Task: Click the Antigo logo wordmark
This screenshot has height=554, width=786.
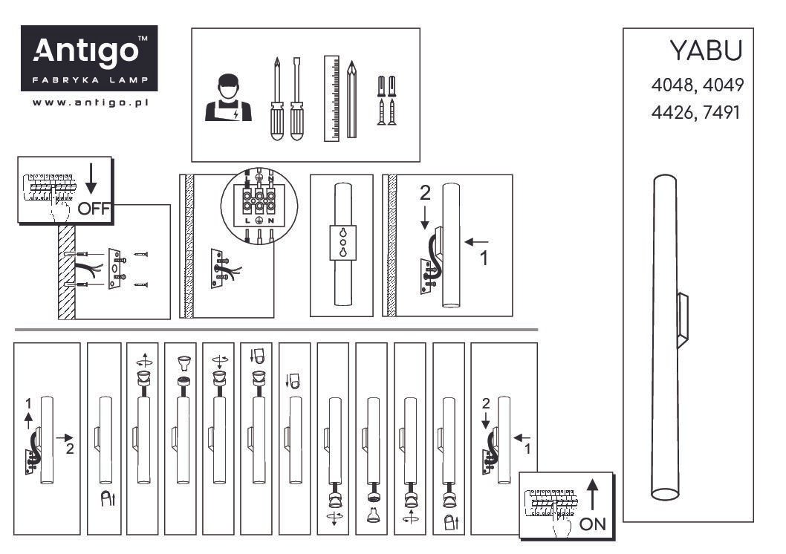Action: click(85, 51)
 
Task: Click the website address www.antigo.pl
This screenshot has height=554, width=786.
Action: click(90, 102)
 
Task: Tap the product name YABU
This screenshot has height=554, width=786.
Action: click(706, 50)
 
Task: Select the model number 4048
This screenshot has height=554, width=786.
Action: click(672, 85)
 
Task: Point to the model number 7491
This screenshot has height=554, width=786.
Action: click(721, 112)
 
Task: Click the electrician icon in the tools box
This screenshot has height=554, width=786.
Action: click(228, 98)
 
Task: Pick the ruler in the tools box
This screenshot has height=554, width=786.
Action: click(332, 98)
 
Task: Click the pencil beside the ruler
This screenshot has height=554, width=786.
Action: click(352, 100)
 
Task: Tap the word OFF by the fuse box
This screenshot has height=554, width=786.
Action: click(94, 208)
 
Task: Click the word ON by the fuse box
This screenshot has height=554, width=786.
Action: click(593, 524)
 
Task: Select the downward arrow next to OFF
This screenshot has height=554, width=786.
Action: click(91, 179)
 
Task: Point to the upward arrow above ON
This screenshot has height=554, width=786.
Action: click(593, 495)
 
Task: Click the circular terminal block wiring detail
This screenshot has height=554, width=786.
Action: click(259, 206)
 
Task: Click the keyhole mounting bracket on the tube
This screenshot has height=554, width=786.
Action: click(343, 243)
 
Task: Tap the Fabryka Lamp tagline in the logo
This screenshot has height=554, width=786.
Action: click(90, 79)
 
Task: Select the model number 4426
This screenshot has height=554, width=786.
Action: click(672, 112)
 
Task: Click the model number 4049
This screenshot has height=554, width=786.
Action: click(723, 85)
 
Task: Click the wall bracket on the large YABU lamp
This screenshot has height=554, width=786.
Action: click(682, 320)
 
